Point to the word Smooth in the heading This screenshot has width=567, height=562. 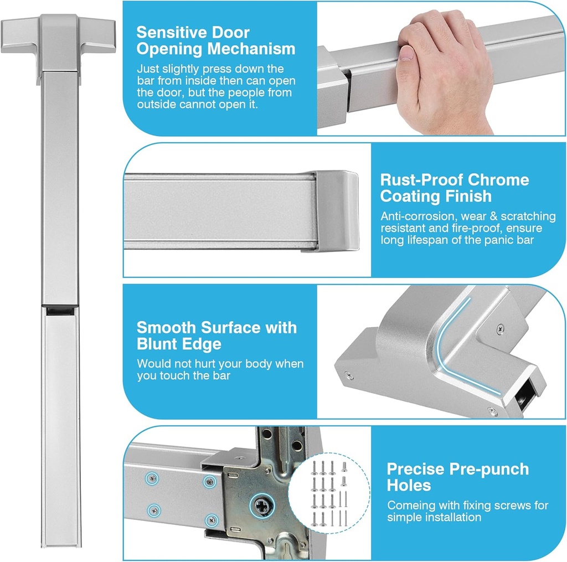click(x=166, y=327)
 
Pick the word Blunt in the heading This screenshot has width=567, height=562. click(x=156, y=343)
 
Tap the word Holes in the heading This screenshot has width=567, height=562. click(x=409, y=485)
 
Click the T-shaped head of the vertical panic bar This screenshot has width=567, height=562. click(x=59, y=42)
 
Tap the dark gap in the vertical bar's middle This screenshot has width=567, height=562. click(x=60, y=311)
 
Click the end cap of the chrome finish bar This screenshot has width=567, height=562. click(x=337, y=211)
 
